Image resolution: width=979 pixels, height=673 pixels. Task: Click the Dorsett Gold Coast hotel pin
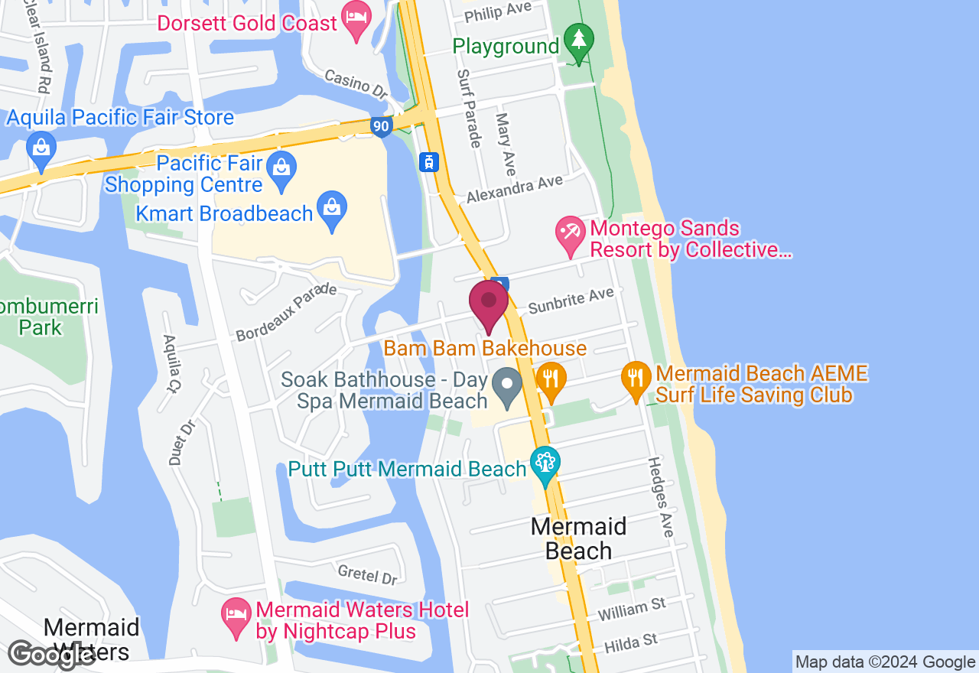click(356, 23)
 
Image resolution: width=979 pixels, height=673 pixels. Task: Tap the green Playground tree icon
click(579, 44)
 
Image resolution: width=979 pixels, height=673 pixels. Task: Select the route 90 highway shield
click(382, 126)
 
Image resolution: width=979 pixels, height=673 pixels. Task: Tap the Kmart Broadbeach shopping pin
click(333, 212)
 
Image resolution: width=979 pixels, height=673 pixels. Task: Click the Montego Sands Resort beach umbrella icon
click(570, 237)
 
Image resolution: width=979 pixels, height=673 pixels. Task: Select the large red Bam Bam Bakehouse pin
click(489, 304)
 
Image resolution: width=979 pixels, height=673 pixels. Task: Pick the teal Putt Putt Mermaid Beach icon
click(545, 465)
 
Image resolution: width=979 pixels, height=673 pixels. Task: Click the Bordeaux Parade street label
click(286, 312)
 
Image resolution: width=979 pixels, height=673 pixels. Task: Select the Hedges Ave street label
click(660, 496)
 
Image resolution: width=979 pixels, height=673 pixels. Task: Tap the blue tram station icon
click(430, 161)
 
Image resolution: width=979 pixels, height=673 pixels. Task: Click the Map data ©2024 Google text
click(885, 662)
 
